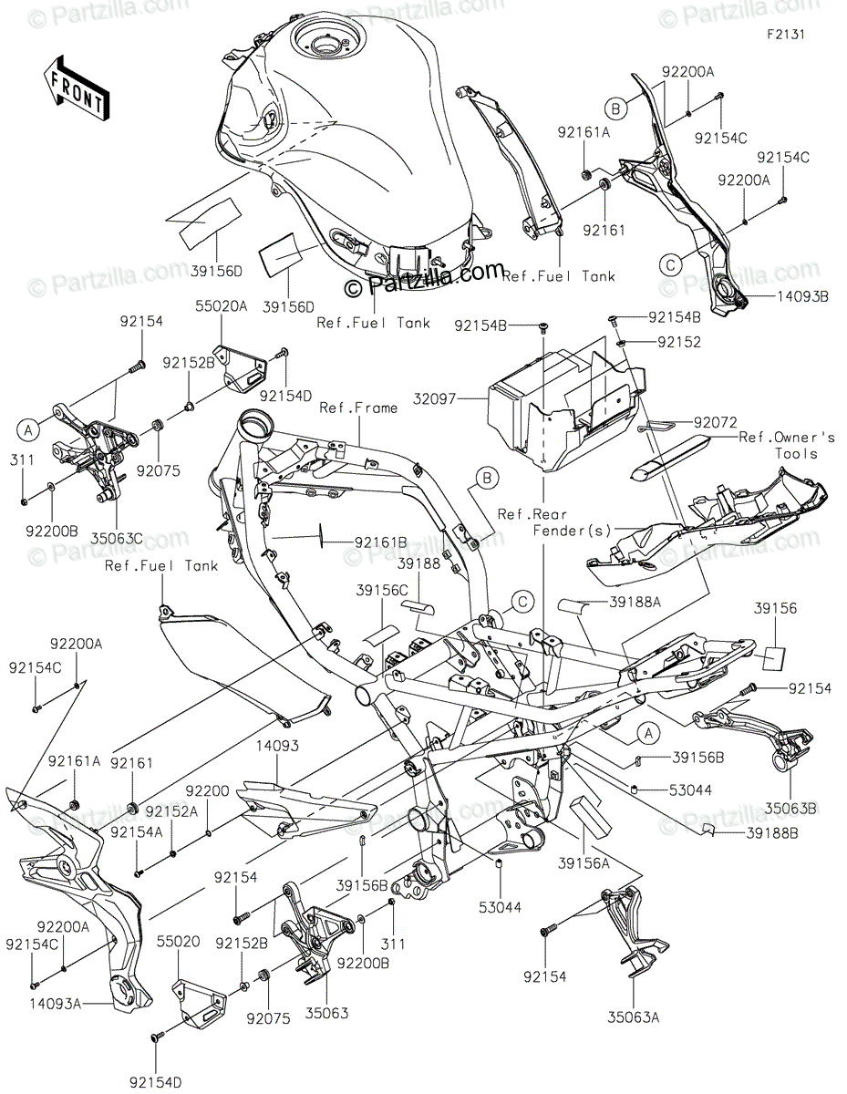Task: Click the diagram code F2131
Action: coord(786,35)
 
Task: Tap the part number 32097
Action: coord(434,398)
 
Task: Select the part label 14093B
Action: coord(802,296)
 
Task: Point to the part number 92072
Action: coord(715,422)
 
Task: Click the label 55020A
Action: coord(222,306)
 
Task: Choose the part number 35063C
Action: coord(117,539)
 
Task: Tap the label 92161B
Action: coord(381,542)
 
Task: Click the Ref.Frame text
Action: coord(358,408)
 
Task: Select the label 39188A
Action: coord(635,602)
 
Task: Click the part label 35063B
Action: coord(790,809)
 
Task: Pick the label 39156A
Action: coord(584,864)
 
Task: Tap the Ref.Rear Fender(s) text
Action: coord(554,522)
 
